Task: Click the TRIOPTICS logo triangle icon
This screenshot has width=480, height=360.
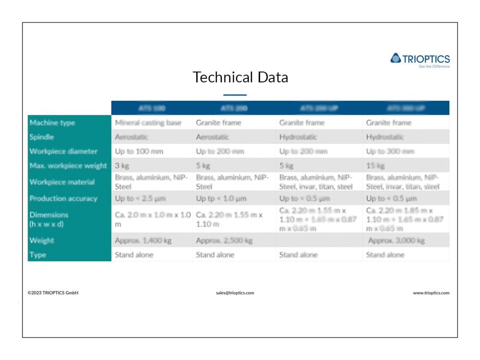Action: [395, 58]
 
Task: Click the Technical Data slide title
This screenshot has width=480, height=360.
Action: [240, 77]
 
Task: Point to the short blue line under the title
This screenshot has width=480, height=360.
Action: [235, 95]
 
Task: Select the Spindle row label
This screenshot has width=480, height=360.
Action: [42, 137]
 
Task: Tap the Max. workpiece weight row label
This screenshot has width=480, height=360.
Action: [68, 166]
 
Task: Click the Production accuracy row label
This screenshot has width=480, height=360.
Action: [63, 198]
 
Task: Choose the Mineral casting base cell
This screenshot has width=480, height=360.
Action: [148, 122]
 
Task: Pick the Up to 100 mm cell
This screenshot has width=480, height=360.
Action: [139, 151]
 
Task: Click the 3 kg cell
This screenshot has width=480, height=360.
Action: [122, 166]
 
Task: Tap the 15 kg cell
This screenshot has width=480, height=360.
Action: [375, 166]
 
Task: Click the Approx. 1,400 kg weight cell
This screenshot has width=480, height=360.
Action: [143, 240]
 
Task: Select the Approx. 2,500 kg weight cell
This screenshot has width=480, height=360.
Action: [224, 240]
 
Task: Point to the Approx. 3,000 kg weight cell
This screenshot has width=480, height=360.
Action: [396, 240]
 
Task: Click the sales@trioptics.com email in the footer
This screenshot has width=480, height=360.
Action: [235, 293]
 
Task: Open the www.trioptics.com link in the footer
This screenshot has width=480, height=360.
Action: [431, 293]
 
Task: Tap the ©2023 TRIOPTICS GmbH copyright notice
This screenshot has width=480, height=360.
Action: [53, 293]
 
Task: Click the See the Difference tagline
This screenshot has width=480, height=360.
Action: [434, 67]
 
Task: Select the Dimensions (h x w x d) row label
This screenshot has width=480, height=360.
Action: [49, 219]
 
